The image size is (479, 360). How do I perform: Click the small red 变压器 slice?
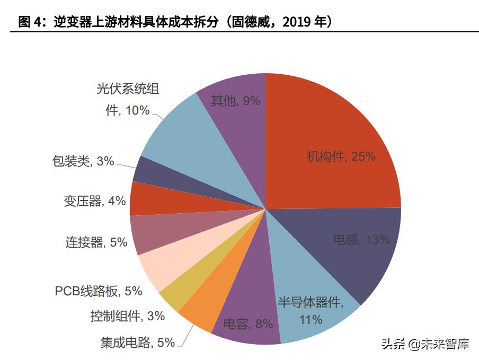(x=154, y=200)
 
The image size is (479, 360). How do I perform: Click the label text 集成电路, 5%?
(x=137, y=343)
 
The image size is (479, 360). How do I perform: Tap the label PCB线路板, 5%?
(x=99, y=291)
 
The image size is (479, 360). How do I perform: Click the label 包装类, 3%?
(x=83, y=161)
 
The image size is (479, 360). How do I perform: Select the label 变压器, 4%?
(x=94, y=201)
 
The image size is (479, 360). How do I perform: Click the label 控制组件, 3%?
(x=127, y=316)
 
